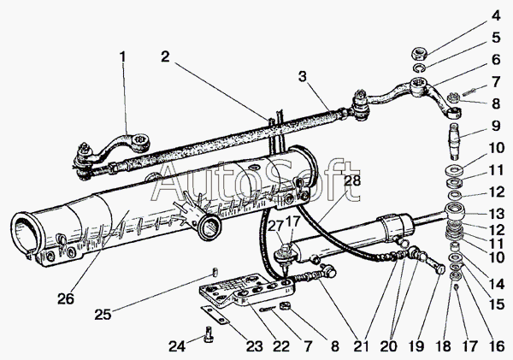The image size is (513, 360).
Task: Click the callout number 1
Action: [122, 57]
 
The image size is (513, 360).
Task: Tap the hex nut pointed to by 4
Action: [418, 53]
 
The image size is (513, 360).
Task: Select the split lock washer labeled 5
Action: [418, 68]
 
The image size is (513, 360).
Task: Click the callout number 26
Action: [66, 298]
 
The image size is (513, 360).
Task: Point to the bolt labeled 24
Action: [209, 334]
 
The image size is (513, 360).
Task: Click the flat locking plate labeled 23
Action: [215, 314]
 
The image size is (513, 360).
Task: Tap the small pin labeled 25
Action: [215, 272]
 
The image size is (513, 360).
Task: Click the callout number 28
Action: [352, 180]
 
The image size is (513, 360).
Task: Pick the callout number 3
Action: [303, 77]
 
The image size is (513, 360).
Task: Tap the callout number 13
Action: [496, 214]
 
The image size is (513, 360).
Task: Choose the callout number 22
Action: [281, 346]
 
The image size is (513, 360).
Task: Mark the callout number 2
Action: [165, 56]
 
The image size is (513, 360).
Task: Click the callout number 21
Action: [361, 346]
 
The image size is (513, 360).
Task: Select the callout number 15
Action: [496, 304]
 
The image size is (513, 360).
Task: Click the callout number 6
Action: [496, 59]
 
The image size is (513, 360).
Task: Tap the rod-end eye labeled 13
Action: [456, 211]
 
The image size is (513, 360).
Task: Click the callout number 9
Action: [496, 126]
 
